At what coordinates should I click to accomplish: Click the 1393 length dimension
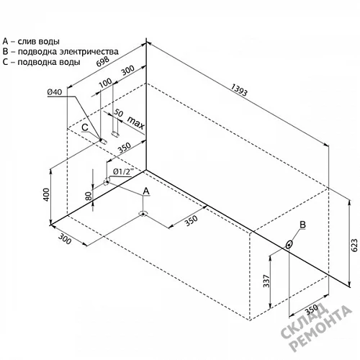click(x=239, y=90)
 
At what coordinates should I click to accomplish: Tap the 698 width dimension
click(x=103, y=61)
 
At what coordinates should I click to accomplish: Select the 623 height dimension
click(x=354, y=245)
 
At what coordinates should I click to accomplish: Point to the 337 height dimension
click(x=266, y=281)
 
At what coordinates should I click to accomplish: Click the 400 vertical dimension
click(x=46, y=194)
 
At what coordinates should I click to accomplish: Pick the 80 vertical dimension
click(x=89, y=196)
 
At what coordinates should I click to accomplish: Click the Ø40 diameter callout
click(x=55, y=92)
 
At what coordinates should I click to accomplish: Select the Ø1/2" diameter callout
click(x=123, y=171)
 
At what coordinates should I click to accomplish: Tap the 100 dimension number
click(x=105, y=83)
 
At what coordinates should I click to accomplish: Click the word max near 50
click(x=136, y=122)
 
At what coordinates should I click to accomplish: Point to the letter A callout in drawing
click(x=146, y=192)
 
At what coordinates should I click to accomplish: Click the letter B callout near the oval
click(x=303, y=225)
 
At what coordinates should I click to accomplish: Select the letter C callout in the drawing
click(x=85, y=127)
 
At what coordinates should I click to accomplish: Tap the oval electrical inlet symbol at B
click(x=289, y=245)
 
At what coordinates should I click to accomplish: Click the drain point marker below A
click(x=143, y=214)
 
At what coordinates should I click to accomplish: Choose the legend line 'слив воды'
click(x=39, y=42)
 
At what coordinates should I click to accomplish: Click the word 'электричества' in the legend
click(x=89, y=52)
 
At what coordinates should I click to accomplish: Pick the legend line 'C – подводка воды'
click(x=41, y=62)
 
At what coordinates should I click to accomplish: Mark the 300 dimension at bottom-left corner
click(x=65, y=239)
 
